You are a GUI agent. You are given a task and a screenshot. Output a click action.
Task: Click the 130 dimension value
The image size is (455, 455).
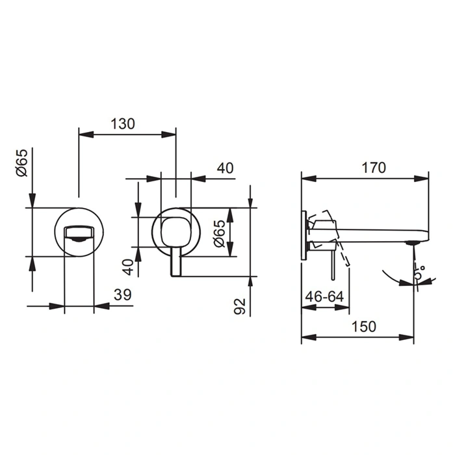[123, 124]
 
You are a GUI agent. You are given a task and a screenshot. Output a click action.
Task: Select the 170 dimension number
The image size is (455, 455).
[374, 168]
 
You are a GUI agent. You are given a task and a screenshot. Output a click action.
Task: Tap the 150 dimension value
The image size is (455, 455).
[363, 326]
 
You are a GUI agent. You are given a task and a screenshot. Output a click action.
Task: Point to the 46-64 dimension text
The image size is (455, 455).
[324, 296]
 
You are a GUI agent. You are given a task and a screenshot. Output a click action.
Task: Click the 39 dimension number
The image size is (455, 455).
[122, 295]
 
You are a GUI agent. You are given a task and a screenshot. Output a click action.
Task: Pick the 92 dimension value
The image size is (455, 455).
[240, 306]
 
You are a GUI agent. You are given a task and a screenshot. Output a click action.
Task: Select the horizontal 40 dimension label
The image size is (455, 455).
[225, 168]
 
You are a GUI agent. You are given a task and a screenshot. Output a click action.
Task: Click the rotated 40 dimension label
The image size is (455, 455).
[128, 267]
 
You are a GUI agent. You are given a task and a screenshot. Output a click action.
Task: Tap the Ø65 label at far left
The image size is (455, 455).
[21, 162]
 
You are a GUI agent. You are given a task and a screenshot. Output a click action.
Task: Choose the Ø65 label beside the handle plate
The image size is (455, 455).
[219, 233]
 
